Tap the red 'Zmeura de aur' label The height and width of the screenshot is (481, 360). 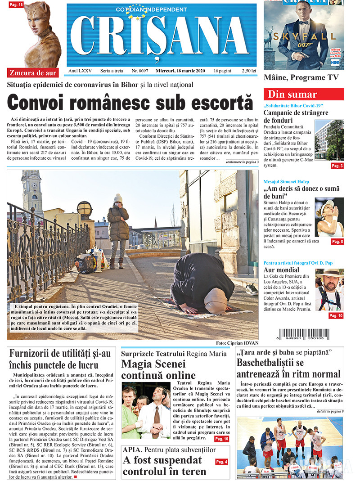tap(33, 72)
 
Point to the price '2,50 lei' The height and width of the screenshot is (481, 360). tap(249, 71)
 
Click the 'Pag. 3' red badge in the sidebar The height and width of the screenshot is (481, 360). tap(337, 166)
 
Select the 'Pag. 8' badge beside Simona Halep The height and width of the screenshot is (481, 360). tap(337, 242)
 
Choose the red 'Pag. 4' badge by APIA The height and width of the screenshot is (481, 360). tap(221, 462)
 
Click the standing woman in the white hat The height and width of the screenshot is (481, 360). tap(118, 229)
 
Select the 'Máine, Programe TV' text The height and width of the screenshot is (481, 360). tap(301, 77)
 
